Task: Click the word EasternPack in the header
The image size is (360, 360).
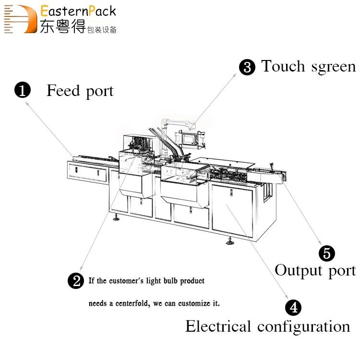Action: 78,11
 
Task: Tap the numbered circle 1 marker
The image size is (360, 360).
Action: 23,90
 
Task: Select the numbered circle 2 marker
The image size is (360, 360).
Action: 76,281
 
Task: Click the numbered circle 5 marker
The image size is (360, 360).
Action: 327,253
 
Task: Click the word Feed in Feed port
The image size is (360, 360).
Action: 62,90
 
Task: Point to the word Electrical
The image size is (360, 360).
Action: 218,326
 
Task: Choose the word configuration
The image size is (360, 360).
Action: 304,327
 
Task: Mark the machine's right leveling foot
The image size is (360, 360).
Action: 230,242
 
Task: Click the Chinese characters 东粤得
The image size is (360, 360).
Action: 62,27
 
